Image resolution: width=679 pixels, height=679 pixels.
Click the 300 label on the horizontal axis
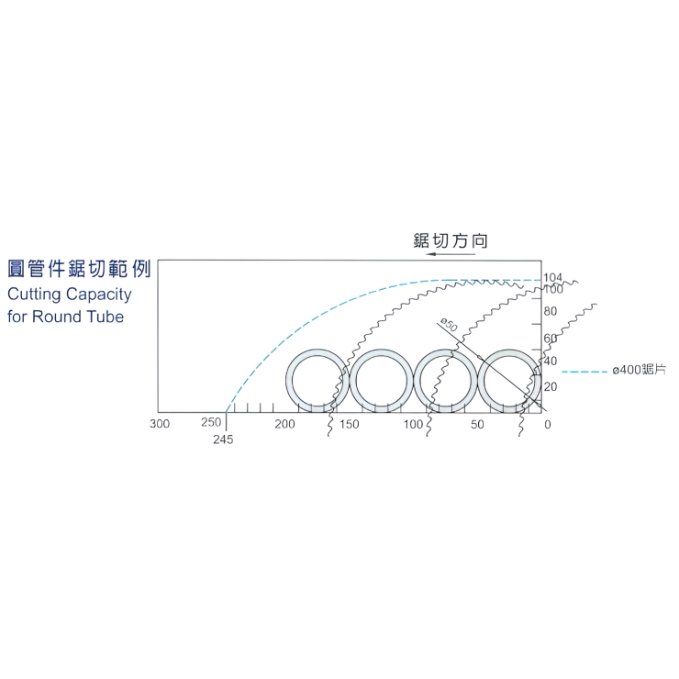[160, 424]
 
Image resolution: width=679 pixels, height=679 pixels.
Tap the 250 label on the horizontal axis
[211, 422]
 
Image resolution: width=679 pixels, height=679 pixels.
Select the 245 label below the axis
[223, 440]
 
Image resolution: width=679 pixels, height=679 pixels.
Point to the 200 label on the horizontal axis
[284, 424]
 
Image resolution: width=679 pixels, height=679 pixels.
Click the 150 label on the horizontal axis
[349, 424]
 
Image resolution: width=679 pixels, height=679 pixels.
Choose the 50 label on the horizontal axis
[477, 424]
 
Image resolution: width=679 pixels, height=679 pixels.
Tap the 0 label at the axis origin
[548, 425]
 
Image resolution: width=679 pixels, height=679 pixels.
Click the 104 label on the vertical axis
[552, 277]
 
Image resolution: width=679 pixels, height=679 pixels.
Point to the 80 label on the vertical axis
[551, 311]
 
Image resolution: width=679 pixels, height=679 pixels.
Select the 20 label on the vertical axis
[551, 386]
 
